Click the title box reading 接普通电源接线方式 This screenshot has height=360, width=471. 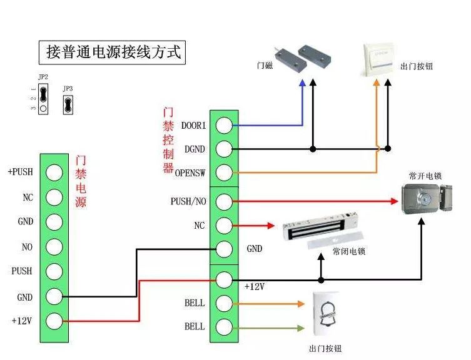(113, 52)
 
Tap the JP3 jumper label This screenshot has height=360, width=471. (68, 89)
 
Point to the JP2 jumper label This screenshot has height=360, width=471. (43, 77)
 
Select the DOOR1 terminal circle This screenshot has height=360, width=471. (224, 125)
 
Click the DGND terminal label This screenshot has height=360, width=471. (195, 149)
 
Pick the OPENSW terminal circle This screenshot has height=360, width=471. (224, 172)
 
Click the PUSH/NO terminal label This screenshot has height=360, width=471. (188, 201)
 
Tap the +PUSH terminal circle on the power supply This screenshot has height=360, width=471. (54, 172)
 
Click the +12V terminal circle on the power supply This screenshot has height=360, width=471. (54, 321)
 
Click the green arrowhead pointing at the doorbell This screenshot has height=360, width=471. (300, 327)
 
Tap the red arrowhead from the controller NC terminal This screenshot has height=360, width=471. (270, 225)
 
